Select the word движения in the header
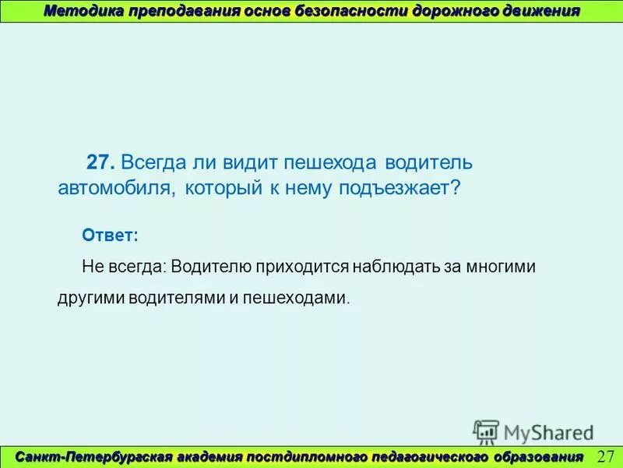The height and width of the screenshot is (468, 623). [539, 11]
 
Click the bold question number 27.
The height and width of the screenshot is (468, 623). [101, 163]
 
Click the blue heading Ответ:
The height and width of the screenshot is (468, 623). [110, 235]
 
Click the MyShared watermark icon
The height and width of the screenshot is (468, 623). [486, 431]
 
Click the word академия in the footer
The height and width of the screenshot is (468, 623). [204, 456]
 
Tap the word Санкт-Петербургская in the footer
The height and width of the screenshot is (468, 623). [90, 456]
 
